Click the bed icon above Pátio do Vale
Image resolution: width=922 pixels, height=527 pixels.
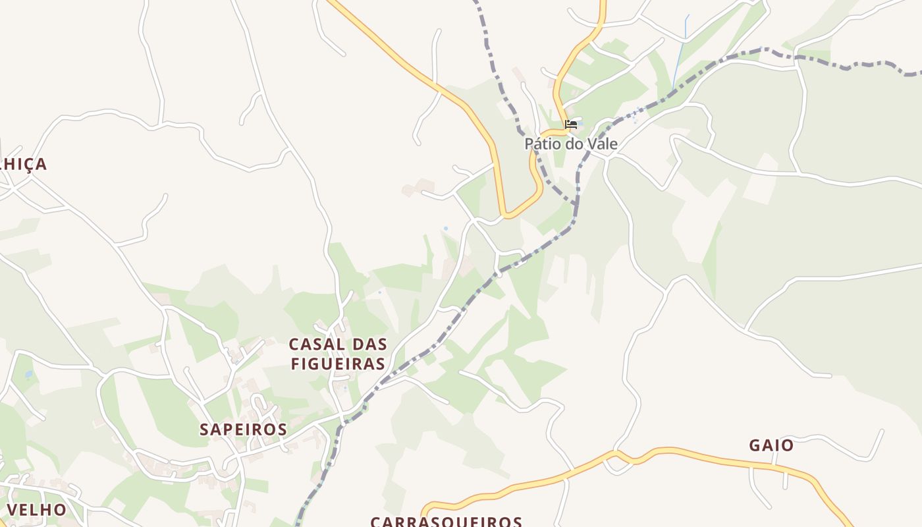coord(571,124)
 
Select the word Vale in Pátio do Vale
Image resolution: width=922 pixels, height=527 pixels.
coord(603,144)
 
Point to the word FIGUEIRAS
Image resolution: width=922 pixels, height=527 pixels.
coord(338,364)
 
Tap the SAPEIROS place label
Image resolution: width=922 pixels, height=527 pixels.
coord(243,430)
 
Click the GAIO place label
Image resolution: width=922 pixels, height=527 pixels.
coord(771,445)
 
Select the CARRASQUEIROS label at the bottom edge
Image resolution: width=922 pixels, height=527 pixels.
coord(446,522)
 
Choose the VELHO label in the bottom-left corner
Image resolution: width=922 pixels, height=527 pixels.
coord(36,510)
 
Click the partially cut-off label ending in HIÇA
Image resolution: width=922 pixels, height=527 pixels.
coord(24,164)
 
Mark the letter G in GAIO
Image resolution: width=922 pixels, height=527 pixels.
coord(755,445)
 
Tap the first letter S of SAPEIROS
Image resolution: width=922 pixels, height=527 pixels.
coord(205,430)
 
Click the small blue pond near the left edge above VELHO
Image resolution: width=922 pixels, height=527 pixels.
coord(28,375)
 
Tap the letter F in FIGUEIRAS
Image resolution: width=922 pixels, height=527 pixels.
coord(296,364)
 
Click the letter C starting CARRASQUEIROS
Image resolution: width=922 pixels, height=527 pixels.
coord(376,522)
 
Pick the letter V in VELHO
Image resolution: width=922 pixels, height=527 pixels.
coord(12,510)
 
